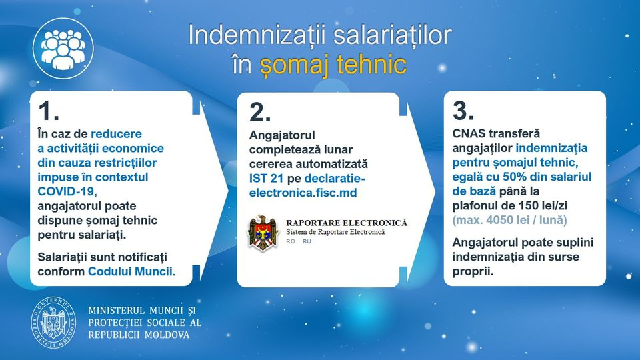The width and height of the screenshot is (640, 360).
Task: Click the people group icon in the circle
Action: [63, 49]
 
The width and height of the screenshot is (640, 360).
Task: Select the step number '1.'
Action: [49, 111]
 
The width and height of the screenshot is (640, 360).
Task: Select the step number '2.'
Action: [260, 112]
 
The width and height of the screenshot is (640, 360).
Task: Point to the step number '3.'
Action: [463, 110]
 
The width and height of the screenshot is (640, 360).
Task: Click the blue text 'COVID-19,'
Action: [67, 191]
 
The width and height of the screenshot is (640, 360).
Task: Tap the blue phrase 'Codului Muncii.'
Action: [132, 271]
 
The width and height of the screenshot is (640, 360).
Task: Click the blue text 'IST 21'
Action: [266, 179]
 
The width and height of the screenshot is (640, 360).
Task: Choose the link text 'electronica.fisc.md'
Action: [303, 193]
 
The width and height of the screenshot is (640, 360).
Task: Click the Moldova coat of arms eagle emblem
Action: [263, 232]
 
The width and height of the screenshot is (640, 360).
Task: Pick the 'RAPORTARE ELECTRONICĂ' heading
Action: [347, 223]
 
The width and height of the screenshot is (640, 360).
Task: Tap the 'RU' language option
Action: [307, 241]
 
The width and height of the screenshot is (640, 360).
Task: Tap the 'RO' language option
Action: [291, 241]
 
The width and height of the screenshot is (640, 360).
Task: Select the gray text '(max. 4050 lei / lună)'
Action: [509, 220]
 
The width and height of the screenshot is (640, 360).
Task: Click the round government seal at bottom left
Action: [53, 323]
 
